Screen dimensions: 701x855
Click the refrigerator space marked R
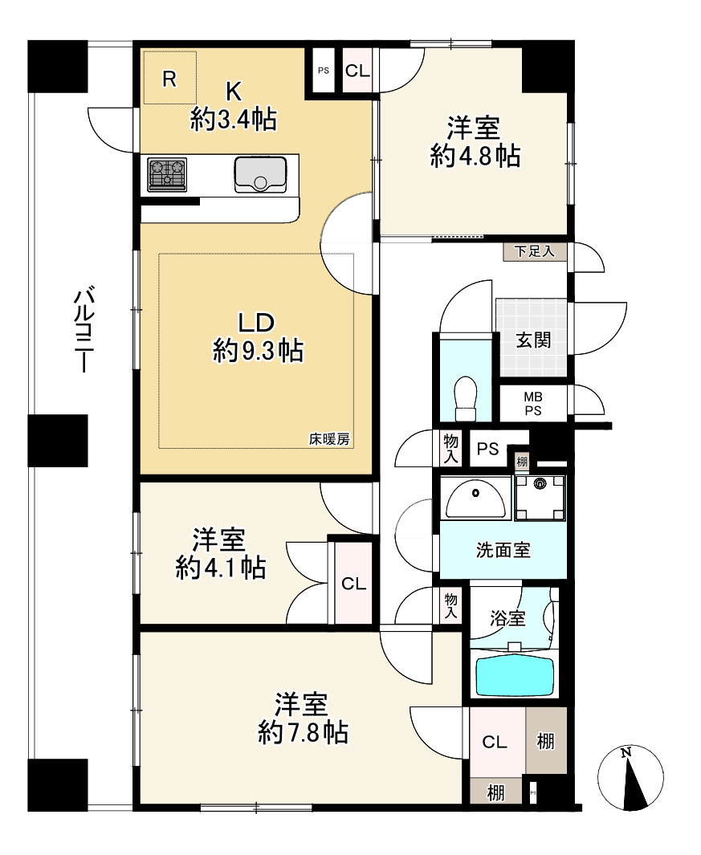(169, 77)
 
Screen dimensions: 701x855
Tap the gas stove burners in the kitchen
(167, 174)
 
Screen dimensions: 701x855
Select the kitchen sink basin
(260, 174)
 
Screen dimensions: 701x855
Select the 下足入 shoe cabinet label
(535, 251)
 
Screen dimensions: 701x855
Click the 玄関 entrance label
(533, 340)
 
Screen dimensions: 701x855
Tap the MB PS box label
(533, 404)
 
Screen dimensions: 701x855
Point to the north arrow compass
(630, 777)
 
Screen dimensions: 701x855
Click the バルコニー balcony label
(83, 332)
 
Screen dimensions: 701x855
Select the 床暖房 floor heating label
(329, 439)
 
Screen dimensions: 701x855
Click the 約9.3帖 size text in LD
(258, 350)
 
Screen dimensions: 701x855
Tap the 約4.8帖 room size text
(475, 156)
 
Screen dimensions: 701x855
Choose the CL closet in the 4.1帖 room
(353, 584)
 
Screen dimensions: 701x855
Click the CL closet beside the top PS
(357, 71)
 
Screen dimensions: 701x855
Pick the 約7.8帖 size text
(303, 732)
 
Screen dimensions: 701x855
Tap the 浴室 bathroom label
(507, 618)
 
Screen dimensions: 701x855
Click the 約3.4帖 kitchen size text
(234, 119)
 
